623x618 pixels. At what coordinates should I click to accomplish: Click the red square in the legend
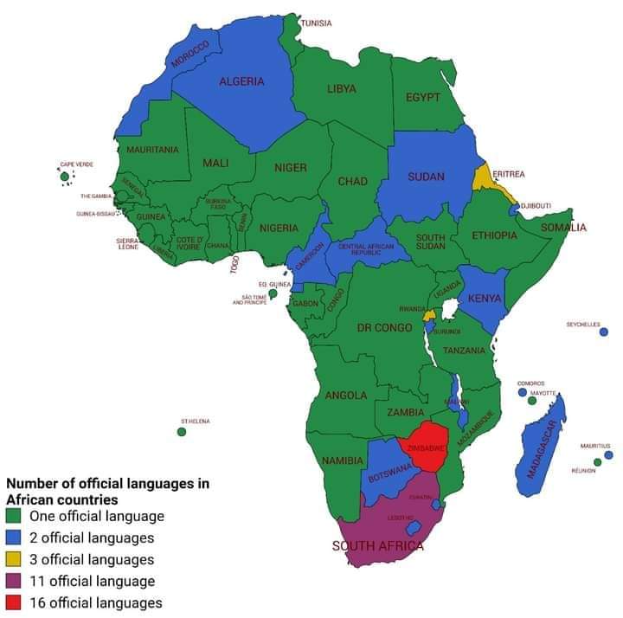(x=15, y=603)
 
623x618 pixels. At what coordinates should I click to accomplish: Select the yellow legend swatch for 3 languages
(x=15, y=560)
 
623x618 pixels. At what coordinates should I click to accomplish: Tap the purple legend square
(x=15, y=582)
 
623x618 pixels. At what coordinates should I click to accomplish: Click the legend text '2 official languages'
(x=92, y=538)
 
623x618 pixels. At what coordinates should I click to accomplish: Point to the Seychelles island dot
(x=603, y=332)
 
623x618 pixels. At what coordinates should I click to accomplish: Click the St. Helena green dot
(x=182, y=431)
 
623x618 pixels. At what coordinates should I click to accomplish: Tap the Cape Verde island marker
(x=65, y=177)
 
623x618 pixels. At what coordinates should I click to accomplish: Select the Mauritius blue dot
(x=608, y=454)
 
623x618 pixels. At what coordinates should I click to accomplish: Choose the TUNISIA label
(x=316, y=23)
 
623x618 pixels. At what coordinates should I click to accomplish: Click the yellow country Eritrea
(x=483, y=178)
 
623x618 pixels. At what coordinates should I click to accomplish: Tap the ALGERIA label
(x=241, y=81)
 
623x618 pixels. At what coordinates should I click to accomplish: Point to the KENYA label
(x=484, y=299)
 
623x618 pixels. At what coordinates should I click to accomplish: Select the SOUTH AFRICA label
(x=378, y=546)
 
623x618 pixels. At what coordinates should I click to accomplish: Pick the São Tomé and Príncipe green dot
(x=273, y=294)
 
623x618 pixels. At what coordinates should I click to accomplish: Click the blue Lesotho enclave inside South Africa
(x=414, y=527)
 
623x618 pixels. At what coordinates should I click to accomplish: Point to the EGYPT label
(x=423, y=97)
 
